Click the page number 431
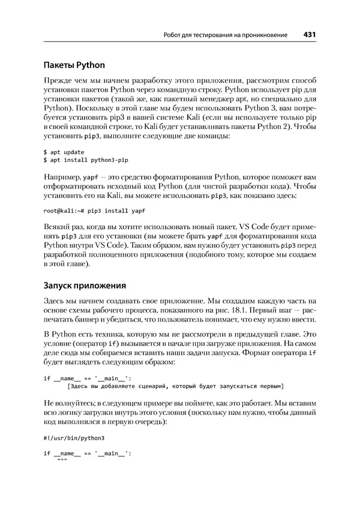tap(310, 35)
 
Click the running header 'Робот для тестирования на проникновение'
tap(226, 35)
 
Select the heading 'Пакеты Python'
tap(74, 65)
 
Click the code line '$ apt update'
tap(64, 152)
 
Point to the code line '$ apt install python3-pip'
tap(86, 161)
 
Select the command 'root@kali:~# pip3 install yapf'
tap(94, 211)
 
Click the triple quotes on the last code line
tap(61, 461)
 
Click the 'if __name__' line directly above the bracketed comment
tap(86, 378)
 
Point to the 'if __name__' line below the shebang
tap(86, 453)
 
